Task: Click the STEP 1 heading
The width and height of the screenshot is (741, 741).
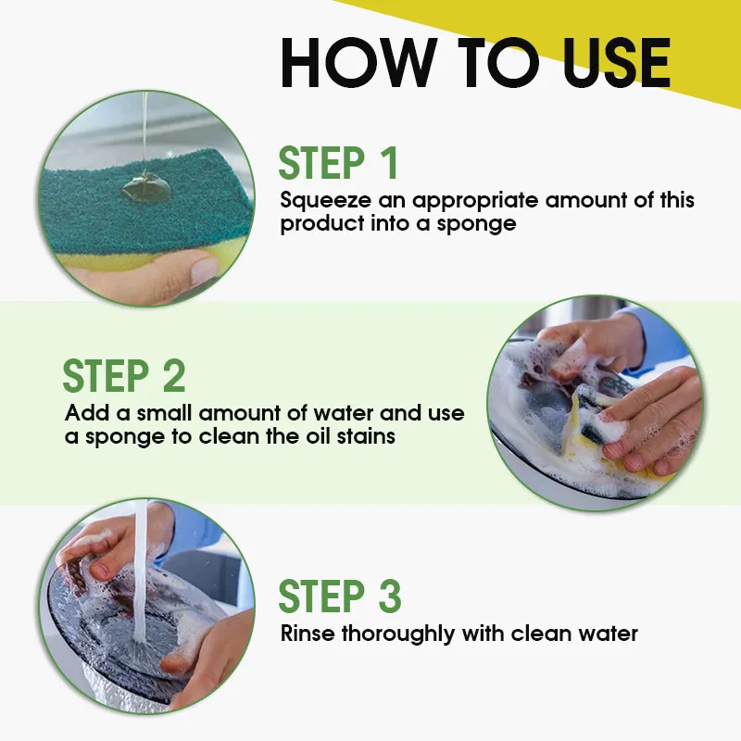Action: pos(338,163)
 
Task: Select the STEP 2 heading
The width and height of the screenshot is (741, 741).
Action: pos(124,376)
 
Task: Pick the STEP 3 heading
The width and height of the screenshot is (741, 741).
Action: pos(340,596)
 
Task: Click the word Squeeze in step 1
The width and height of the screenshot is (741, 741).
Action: pos(326,201)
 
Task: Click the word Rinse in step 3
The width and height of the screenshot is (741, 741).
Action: pos(308,634)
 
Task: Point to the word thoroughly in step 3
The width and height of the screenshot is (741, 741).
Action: pos(398,634)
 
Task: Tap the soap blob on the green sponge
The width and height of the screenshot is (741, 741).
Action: pos(146,187)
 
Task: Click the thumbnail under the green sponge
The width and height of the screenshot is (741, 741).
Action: pos(205,270)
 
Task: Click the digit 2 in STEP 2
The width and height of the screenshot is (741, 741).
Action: pos(174,376)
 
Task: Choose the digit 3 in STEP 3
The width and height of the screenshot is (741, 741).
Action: pos(390,596)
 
